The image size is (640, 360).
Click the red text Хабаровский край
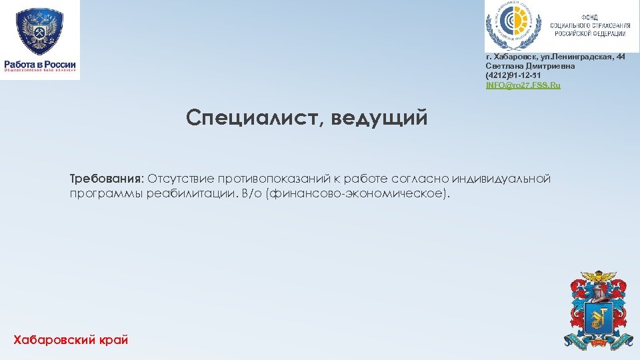(71, 340)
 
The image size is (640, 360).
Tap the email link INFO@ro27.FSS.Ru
(523, 85)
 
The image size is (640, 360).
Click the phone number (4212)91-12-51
(513, 76)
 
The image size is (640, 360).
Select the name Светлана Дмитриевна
(530, 67)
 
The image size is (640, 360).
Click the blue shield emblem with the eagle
(40, 31)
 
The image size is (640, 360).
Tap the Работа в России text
(40, 65)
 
